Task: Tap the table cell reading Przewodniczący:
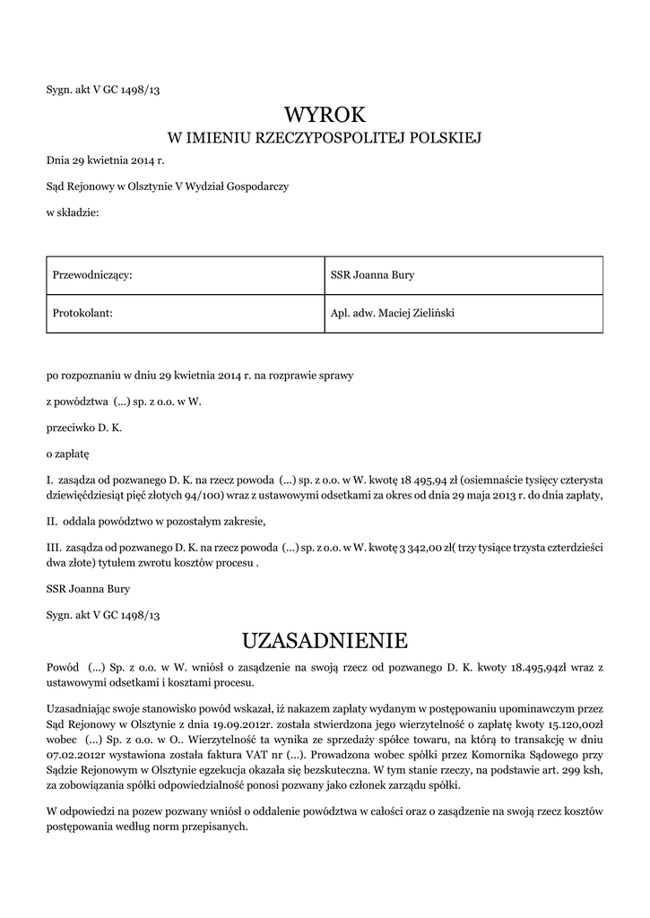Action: [x=94, y=275]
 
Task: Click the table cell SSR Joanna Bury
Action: [x=372, y=275]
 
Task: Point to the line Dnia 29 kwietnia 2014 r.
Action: [x=106, y=162]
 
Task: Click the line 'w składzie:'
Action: [x=73, y=212]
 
